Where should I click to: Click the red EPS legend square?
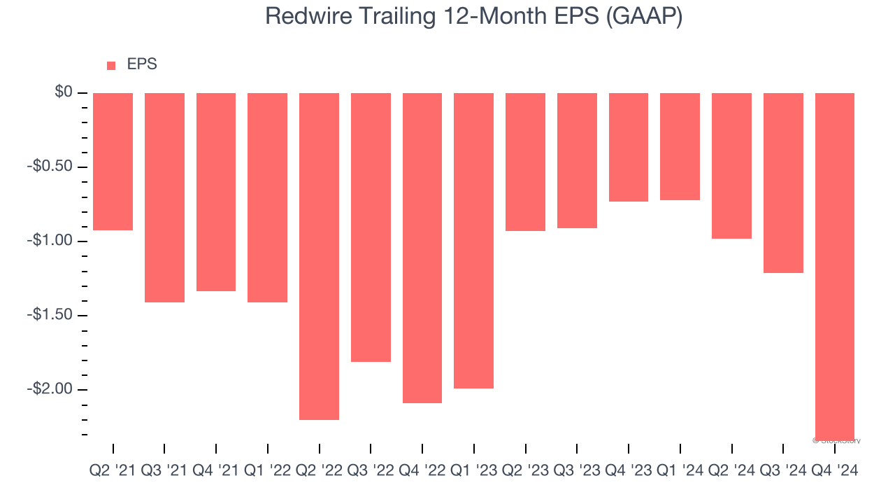(111, 66)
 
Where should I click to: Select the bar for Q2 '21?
(113, 161)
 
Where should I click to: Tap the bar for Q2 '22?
(319, 256)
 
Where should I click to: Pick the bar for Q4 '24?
(835, 266)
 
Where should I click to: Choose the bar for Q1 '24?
(680, 146)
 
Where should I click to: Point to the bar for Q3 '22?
(371, 227)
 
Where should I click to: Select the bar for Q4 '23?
(629, 147)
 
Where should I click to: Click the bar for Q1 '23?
(473, 240)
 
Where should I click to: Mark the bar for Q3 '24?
(783, 183)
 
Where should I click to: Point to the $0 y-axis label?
(64, 92)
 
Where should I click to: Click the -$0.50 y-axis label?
(50, 167)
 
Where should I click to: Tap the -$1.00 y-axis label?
(50, 241)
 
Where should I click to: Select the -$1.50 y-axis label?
(50, 315)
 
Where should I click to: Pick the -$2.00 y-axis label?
(50, 389)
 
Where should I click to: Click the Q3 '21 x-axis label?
(164, 471)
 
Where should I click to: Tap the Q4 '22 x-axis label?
(422, 471)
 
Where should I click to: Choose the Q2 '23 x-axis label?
(525, 471)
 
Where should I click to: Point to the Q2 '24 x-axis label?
(731, 471)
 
